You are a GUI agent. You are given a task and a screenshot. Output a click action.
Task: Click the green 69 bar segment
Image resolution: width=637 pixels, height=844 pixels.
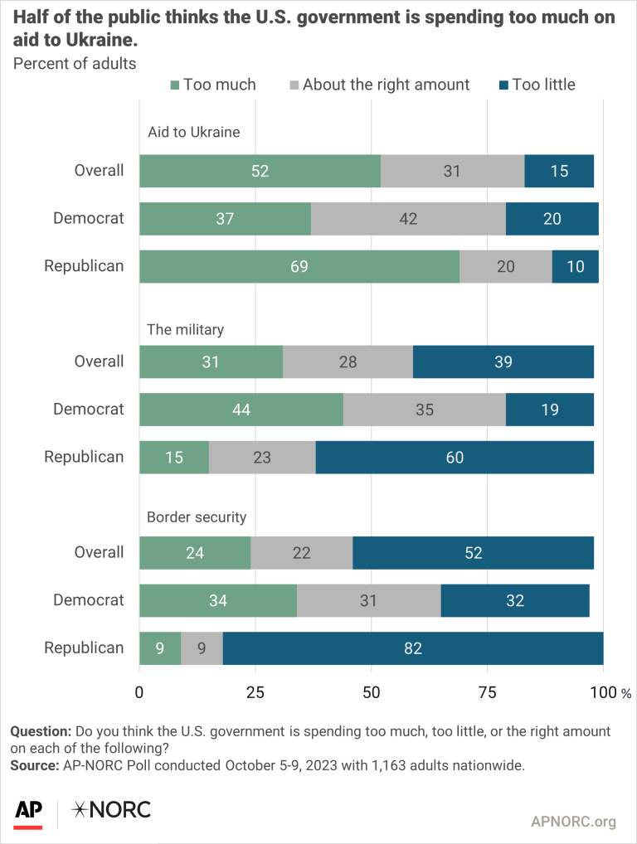point(299,266)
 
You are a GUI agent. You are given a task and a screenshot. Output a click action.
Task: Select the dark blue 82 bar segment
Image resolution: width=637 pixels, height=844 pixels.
point(413,648)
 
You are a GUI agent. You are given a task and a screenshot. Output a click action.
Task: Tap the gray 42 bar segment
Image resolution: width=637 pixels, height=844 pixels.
point(408,219)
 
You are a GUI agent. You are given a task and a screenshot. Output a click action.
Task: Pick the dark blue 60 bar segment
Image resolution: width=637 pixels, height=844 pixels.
point(455,457)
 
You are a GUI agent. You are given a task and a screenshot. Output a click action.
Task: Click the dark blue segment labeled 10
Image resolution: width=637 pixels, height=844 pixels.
point(575,266)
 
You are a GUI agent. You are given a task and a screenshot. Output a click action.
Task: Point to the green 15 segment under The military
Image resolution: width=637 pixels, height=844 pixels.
point(174,457)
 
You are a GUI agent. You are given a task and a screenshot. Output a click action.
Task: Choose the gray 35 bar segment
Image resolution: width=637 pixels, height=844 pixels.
point(424,409)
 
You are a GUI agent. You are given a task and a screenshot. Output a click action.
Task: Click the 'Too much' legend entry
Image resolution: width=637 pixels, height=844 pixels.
point(212,85)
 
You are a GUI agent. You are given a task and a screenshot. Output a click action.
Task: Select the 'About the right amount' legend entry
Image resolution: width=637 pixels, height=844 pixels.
point(378,85)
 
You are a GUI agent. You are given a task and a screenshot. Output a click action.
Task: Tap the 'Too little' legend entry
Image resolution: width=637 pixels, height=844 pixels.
point(535,85)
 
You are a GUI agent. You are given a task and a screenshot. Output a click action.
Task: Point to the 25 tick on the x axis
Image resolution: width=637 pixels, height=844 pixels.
point(255,691)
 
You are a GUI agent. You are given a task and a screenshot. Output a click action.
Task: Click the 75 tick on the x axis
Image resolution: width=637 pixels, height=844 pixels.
point(487,691)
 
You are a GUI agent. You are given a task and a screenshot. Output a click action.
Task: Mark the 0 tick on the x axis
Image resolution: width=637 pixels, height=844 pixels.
point(139,691)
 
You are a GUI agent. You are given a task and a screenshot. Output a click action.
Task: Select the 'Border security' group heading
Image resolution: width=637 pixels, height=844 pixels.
point(197,517)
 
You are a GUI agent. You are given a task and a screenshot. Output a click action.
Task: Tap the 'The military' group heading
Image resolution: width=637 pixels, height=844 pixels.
point(185,329)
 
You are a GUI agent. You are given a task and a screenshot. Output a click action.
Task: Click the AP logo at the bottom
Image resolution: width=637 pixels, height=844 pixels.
point(29,809)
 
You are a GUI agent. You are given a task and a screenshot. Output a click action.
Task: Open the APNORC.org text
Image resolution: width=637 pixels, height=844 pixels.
point(573,822)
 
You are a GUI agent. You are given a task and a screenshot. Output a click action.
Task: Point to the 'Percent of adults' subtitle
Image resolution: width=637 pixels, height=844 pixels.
point(73,63)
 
